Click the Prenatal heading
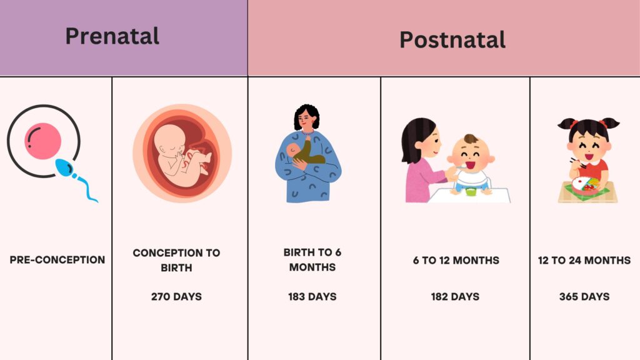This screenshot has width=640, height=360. (x=112, y=36)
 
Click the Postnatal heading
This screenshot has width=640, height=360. (x=452, y=39)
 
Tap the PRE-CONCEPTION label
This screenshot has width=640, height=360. (x=57, y=260)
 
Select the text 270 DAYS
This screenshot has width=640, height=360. (x=176, y=297)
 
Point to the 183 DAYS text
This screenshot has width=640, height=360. (x=312, y=297)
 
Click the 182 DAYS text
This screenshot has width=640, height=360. (x=455, y=297)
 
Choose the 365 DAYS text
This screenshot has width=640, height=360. (x=584, y=297)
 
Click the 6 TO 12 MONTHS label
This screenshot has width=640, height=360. (x=456, y=261)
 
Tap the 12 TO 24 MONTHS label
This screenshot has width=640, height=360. (x=584, y=261)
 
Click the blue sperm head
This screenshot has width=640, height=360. (x=64, y=167)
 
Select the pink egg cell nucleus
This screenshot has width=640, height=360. (x=43, y=141)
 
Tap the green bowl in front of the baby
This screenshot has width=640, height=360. (x=471, y=191)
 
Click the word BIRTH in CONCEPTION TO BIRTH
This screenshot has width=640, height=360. (x=176, y=268)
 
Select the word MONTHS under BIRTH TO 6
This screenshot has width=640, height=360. (x=312, y=267)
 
